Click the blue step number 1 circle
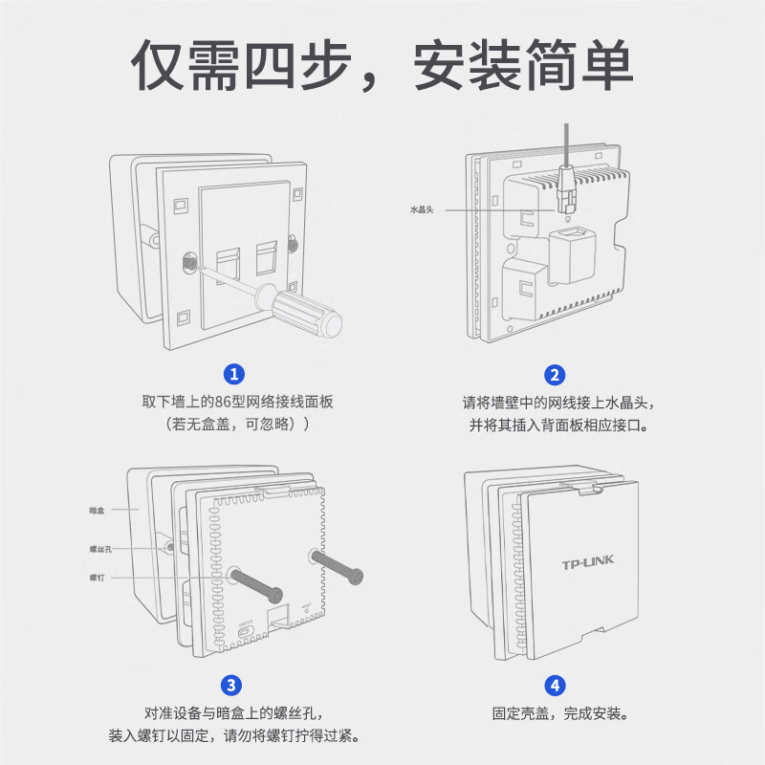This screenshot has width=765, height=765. (233, 374)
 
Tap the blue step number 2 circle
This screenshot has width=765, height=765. (555, 374)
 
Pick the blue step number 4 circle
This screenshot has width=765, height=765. (555, 685)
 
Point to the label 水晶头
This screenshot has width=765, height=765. (421, 209)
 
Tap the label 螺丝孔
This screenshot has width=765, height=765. (100, 550)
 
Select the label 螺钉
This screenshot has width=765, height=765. (98, 578)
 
